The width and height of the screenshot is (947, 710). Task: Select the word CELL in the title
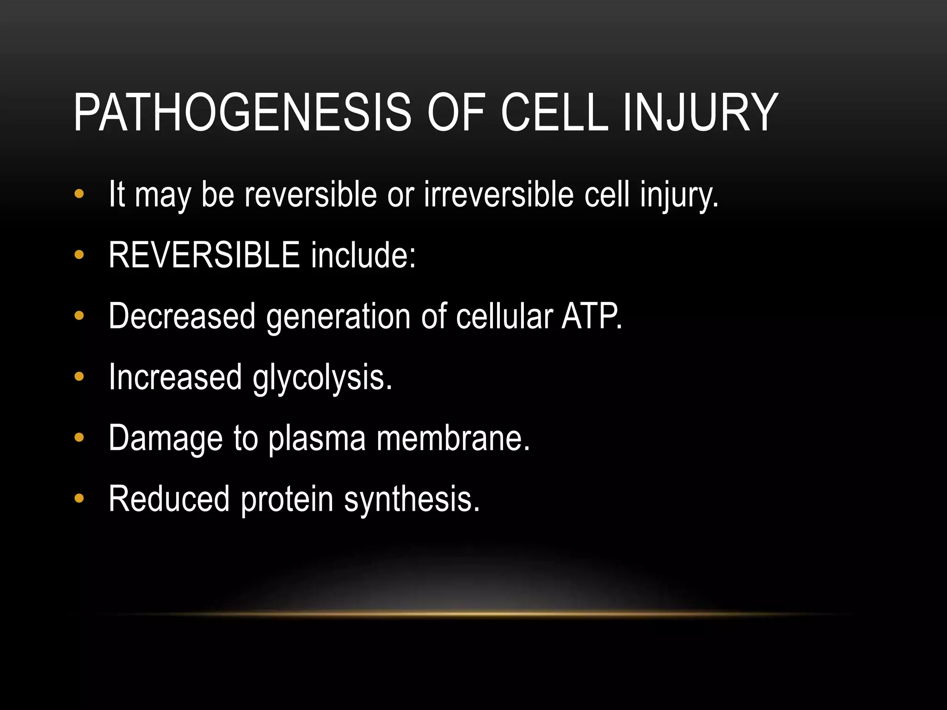554,112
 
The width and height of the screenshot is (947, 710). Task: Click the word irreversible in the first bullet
499,194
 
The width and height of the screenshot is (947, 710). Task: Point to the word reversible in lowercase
310,194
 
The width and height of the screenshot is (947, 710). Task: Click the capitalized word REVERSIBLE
204,255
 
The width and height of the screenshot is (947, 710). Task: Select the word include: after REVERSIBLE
363,255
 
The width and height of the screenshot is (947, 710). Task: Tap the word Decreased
182,316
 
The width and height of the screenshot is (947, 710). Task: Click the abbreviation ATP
591,316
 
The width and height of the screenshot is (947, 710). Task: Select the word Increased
175,377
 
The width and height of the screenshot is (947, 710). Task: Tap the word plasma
317,438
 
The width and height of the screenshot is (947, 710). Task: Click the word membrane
453,438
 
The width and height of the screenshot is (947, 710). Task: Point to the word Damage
166,438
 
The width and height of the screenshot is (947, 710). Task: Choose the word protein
287,499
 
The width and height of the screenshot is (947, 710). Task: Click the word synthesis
412,499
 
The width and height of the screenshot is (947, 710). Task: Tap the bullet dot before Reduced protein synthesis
79,498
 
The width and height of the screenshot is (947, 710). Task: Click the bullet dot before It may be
79,194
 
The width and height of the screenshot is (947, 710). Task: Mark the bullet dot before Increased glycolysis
79,377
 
